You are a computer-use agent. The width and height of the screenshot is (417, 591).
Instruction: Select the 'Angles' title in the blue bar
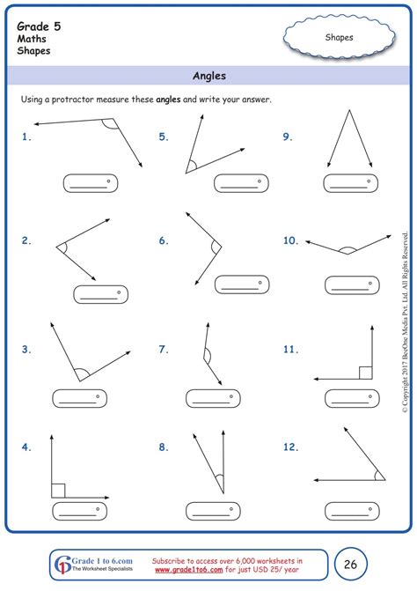[208, 76]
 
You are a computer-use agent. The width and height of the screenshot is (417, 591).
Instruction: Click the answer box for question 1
[90, 184]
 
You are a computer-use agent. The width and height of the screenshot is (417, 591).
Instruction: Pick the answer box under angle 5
[240, 184]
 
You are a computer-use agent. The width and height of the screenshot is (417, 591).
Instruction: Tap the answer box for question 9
[349, 184]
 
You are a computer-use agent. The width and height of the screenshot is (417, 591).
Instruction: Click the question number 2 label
[26, 240]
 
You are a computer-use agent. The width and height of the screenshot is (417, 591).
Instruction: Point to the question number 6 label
[164, 240]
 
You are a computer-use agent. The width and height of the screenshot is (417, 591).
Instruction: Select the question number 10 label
[291, 240]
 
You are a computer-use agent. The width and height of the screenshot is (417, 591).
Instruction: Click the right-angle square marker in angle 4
[57, 490]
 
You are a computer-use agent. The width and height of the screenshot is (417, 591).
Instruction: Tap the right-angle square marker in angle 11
[365, 372]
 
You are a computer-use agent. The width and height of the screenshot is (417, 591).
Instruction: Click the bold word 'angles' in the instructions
[169, 100]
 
